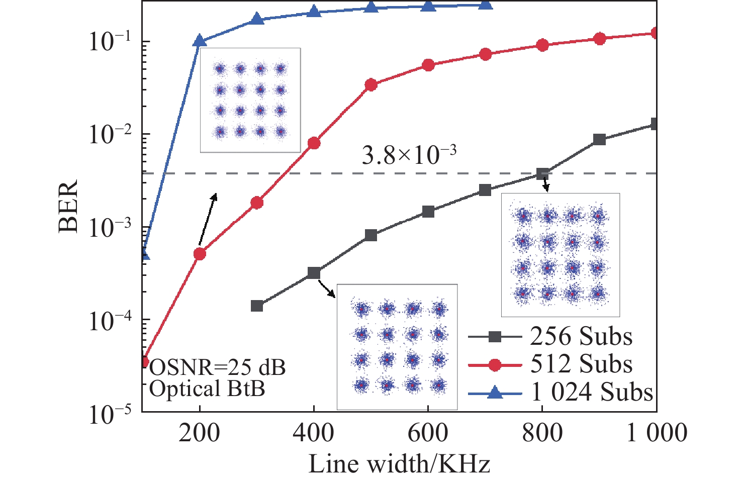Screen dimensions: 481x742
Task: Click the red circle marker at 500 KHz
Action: pos(371,85)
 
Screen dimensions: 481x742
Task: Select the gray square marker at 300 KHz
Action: pos(257,306)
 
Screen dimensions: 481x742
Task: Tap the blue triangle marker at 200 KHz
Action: pos(200,41)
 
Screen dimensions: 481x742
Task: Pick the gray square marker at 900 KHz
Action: pos(599,140)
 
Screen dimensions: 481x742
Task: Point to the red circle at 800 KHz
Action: pos(542,45)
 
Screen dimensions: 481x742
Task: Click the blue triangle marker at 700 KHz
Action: pos(485,5)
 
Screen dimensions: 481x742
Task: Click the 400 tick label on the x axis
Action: pos(314,433)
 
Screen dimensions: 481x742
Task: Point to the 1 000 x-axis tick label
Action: pos(657,433)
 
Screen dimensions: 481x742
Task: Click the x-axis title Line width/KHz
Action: pos(399,464)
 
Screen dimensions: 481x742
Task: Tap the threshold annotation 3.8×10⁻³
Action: pos(409,155)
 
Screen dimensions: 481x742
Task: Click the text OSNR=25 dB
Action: pos(218,368)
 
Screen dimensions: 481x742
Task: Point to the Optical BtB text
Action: pos(207,389)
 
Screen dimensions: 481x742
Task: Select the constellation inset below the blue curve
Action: pos(250,100)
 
